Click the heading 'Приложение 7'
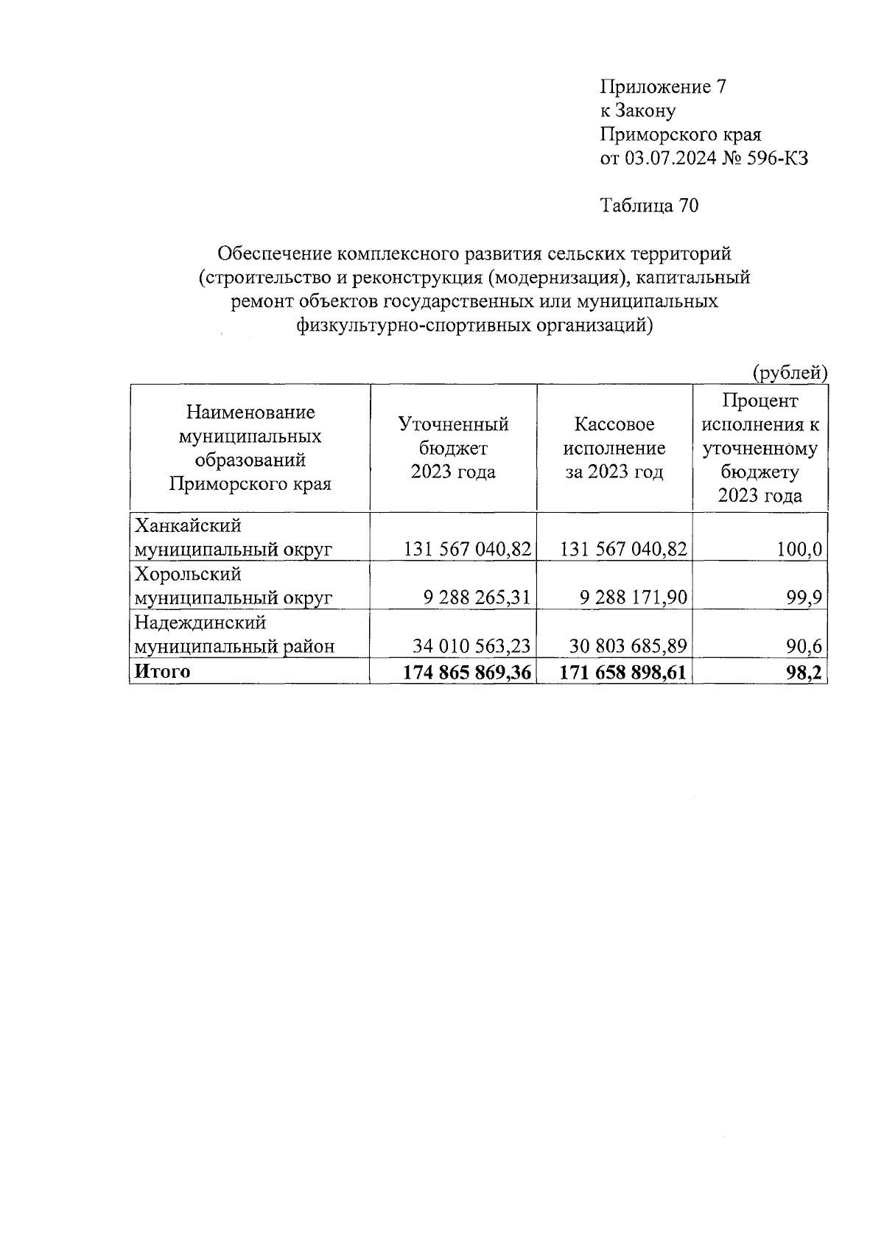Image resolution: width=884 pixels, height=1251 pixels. click(664, 88)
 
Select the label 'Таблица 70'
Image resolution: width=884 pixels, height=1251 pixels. click(649, 206)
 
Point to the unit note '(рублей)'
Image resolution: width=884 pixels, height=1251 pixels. click(789, 374)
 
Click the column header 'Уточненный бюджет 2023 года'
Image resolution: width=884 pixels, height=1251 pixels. click(453, 448)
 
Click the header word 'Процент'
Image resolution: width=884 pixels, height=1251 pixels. click(760, 401)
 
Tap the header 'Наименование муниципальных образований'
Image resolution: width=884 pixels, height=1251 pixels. click(250, 436)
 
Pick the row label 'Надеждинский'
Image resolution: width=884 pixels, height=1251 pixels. click(200, 623)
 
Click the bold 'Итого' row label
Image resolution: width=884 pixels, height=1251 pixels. click(161, 671)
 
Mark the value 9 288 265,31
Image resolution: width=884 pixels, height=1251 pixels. click(477, 598)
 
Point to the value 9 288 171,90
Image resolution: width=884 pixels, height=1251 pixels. click(633, 598)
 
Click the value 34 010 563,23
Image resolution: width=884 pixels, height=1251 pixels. click(471, 646)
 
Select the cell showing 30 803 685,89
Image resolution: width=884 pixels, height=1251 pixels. click(628, 646)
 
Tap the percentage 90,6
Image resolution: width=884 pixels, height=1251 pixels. click(808, 646)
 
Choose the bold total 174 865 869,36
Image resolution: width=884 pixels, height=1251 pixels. click(467, 672)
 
